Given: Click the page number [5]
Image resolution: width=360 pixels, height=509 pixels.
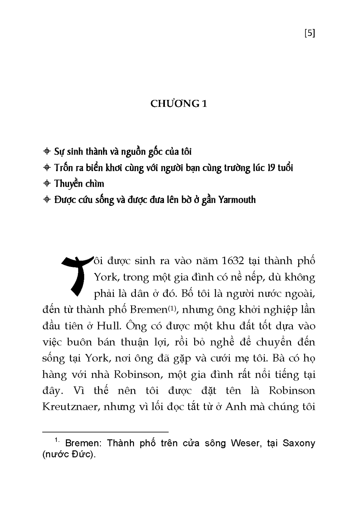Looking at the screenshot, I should click(309, 33).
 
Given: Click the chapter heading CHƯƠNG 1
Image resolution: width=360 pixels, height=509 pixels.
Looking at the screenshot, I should click(179, 104).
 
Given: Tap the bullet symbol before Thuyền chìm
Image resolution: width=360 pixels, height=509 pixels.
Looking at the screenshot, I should click(47, 184).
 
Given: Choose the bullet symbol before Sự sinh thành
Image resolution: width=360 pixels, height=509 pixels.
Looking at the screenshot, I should click(47, 151).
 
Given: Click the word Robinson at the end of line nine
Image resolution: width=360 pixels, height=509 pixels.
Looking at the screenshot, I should click(292, 391).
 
